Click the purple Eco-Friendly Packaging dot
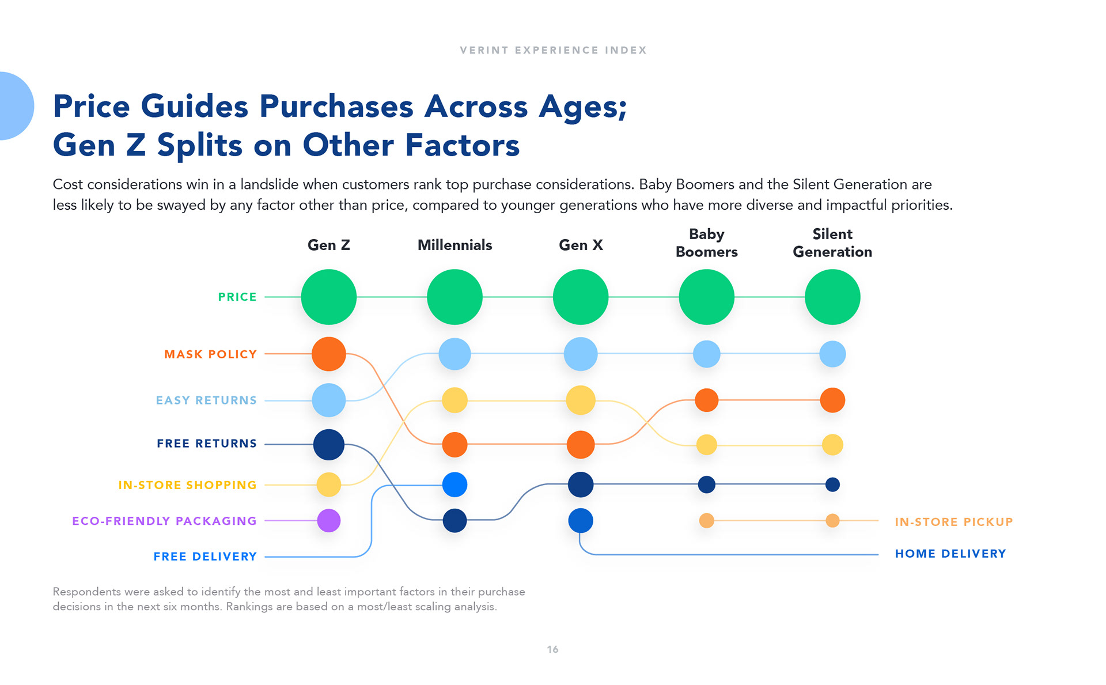pos(329,521)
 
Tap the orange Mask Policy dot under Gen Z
pos(329,354)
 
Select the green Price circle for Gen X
pos(581,297)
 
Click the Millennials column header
pos(454,245)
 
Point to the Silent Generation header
pos(832,243)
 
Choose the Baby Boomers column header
pos(706,243)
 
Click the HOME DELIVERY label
pos(950,554)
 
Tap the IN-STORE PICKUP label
pos(953,522)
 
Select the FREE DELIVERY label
pos(205,557)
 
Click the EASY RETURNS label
pos(206,400)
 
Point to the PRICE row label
pos(237,297)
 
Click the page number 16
pos(552,649)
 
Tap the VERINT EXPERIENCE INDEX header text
pos(553,50)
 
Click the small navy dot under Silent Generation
pos(832,485)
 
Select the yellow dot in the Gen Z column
pos(329,485)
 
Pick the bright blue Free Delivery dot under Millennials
pos(454,485)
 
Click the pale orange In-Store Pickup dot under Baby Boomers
pos(706,521)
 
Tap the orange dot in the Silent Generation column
pos(832,400)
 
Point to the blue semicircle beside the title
pos(14,106)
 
